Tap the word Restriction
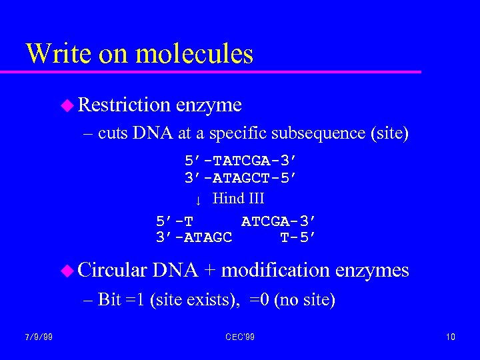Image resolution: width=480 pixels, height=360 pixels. (x=124, y=105)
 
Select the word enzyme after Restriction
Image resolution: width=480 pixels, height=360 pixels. (x=209, y=105)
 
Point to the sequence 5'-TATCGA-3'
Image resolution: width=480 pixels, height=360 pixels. (x=240, y=161)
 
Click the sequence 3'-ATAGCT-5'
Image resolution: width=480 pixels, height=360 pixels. (x=240, y=178)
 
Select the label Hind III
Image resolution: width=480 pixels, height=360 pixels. (x=238, y=198)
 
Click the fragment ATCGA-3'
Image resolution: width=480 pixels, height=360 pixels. (x=278, y=221)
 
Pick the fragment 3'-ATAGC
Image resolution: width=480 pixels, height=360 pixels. (x=193, y=237)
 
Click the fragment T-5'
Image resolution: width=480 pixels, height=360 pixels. (x=297, y=237)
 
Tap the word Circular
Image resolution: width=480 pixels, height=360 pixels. (x=112, y=270)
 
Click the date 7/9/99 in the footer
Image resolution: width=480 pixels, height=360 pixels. (x=40, y=337)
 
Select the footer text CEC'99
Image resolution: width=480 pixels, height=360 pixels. (x=239, y=337)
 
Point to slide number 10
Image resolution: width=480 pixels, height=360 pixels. (x=451, y=337)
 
